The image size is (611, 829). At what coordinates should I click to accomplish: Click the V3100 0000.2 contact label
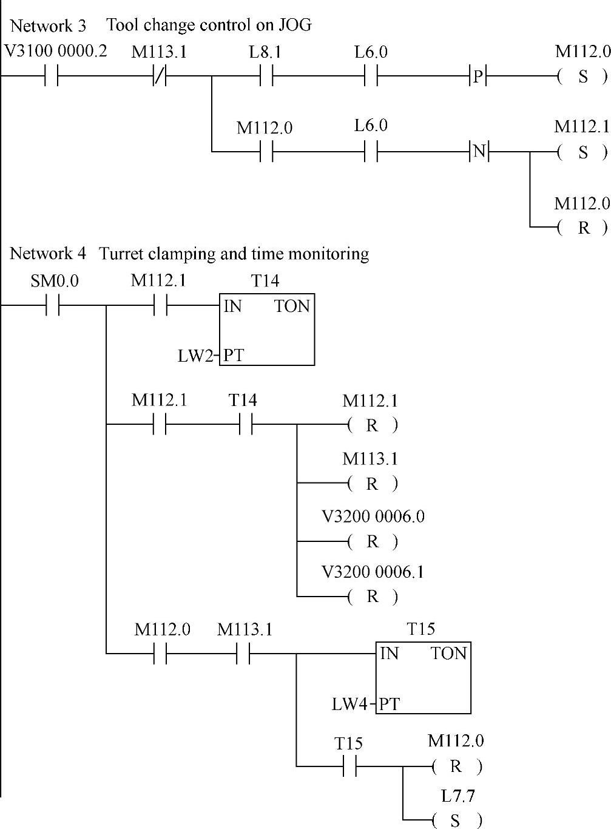55,51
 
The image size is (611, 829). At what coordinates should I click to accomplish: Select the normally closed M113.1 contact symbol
160,76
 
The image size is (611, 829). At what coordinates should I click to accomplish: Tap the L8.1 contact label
265,52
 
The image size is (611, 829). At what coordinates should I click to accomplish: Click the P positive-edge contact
479,76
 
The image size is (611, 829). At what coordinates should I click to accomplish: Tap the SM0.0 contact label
55,282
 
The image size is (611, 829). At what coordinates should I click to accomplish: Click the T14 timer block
267,330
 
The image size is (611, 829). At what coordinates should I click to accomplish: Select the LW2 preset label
195,356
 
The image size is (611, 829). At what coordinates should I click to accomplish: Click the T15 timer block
423,677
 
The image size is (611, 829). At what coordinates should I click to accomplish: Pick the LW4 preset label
350,705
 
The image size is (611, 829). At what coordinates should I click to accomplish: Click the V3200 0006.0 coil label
373,516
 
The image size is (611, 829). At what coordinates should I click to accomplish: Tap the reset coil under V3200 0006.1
373,597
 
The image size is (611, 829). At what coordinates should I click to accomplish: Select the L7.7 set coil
456,821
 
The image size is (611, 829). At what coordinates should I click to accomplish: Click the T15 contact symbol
349,766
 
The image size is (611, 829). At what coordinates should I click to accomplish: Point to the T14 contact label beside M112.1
243,401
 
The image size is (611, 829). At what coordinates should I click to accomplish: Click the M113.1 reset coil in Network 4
373,484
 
